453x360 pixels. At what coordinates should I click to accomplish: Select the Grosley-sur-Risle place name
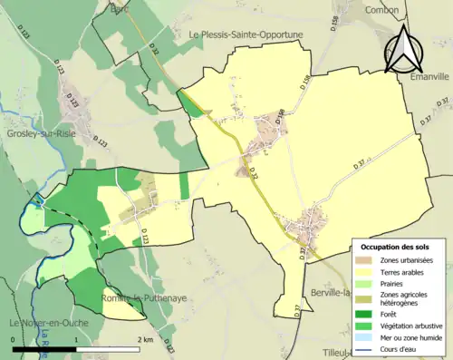[41, 132]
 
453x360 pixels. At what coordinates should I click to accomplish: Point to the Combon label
[381, 10]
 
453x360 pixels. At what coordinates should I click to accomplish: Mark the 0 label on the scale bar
[14, 339]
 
